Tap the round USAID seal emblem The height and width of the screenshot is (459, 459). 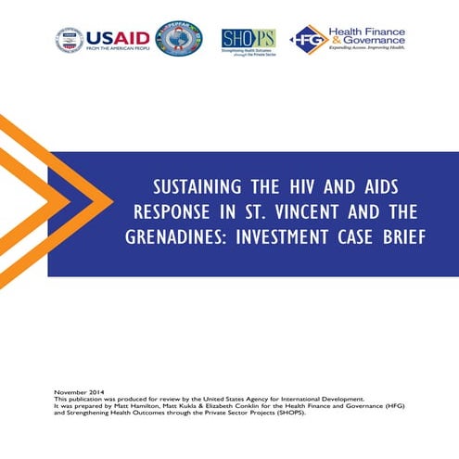point(70,40)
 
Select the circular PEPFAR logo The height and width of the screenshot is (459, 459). point(178,39)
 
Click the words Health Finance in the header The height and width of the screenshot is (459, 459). point(368,29)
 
